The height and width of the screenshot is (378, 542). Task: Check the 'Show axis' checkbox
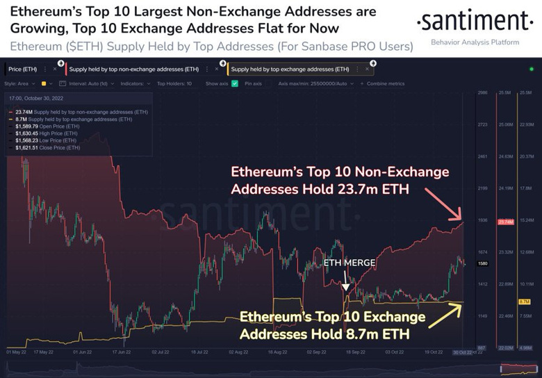click(x=235, y=83)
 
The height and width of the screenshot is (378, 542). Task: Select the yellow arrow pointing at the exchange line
click(x=445, y=315)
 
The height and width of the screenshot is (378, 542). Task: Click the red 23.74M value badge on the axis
click(x=505, y=222)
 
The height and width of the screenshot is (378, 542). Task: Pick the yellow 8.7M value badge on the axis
click(x=525, y=302)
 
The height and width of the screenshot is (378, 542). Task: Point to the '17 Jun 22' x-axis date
click(x=122, y=352)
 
